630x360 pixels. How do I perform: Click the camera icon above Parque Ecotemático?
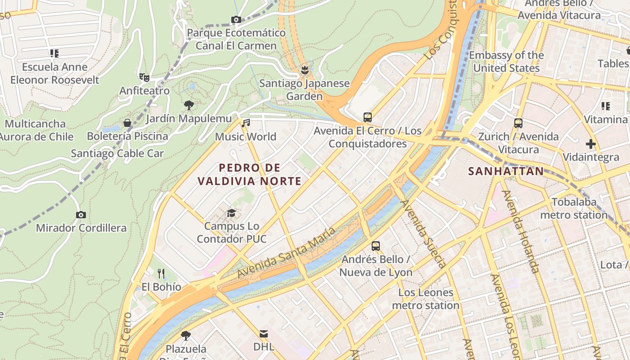pos(236,19)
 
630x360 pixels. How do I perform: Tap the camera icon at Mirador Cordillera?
pos(81,215)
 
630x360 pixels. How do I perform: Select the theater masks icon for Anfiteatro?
pos(144,77)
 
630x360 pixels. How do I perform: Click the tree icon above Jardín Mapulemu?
pos(189,105)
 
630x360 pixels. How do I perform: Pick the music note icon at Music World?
pos(245,123)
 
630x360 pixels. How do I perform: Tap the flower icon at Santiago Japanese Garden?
pos(305,70)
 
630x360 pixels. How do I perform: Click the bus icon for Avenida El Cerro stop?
pos(368,117)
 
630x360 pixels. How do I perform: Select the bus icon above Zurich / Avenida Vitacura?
pos(518,123)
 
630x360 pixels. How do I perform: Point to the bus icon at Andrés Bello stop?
pos(376,246)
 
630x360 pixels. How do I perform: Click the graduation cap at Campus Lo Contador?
pos(231,213)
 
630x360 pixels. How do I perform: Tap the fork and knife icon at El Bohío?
pos(161,273)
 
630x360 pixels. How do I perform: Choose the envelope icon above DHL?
pos(264,333)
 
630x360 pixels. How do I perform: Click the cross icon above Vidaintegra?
pos(591,144)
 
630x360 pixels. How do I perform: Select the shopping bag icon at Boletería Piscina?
pos(127,123)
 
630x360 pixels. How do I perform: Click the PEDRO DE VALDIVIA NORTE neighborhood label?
pos(249,175)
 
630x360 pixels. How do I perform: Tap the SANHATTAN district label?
pos(506,171)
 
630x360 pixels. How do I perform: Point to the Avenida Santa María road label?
pos(286,252)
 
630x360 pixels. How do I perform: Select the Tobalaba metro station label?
pos(574,208)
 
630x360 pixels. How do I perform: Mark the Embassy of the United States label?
pos(506,62)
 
